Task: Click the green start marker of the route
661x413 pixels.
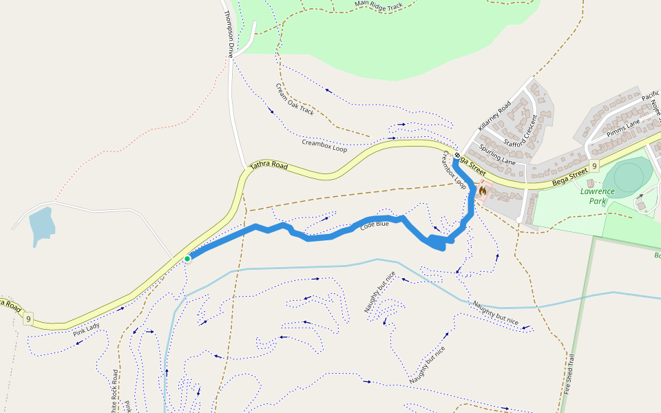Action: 187,259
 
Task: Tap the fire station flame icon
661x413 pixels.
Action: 483,190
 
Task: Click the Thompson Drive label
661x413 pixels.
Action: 229,34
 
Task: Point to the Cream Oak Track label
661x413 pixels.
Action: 295,99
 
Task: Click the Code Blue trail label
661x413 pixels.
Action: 375,224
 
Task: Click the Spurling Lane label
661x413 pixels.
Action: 497,156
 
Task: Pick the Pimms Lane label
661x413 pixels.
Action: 623,126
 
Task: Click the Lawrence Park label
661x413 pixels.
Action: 596,196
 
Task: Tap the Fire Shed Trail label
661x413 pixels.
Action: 568,374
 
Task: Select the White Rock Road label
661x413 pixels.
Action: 114,392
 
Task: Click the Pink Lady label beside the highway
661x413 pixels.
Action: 86,329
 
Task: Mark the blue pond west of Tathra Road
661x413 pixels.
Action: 41,224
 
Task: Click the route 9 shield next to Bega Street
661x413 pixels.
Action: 594,166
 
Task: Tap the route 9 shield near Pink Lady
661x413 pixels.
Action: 28,318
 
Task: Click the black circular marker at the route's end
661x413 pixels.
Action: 457,156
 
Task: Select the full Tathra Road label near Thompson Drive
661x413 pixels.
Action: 269,165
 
